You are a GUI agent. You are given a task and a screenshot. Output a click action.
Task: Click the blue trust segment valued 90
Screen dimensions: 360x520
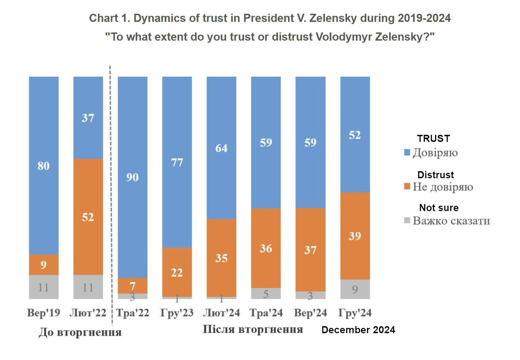click(133, 177)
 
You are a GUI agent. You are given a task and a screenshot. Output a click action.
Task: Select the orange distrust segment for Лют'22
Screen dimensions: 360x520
click(88, 216)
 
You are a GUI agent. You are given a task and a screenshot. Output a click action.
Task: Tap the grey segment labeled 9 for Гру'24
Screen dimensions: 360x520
click(355, 289)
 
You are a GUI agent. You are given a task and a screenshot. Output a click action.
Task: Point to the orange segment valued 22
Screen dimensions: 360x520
click(177, 272)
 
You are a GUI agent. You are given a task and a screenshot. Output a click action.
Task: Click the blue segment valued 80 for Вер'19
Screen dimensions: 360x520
click(44, 166)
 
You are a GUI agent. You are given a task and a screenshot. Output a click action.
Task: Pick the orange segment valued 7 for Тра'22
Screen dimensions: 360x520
click(133, 285)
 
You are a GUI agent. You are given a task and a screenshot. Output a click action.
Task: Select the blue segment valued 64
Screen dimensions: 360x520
click(221, 147)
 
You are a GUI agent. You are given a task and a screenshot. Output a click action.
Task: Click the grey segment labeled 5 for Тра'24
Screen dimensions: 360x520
click(266, 293)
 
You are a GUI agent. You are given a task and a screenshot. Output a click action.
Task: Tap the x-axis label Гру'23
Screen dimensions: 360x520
click(177, 313)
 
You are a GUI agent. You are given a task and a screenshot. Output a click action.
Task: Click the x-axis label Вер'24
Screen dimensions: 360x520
click(310, 313)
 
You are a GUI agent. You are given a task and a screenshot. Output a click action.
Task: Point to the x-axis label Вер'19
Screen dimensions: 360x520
click(44, 313)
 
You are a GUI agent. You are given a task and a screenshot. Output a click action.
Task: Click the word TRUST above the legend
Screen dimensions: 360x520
click(433, 139)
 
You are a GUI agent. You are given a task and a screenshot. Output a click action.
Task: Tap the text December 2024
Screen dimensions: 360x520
click(358, 330)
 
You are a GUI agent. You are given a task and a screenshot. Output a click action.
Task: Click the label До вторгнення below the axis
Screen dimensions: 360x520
click(80, 333)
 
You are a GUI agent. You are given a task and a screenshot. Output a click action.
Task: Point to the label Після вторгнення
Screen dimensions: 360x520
click(253, 329)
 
